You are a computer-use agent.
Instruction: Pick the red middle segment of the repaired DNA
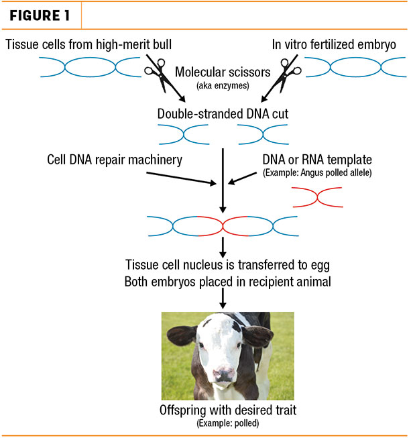coord(223,227)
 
